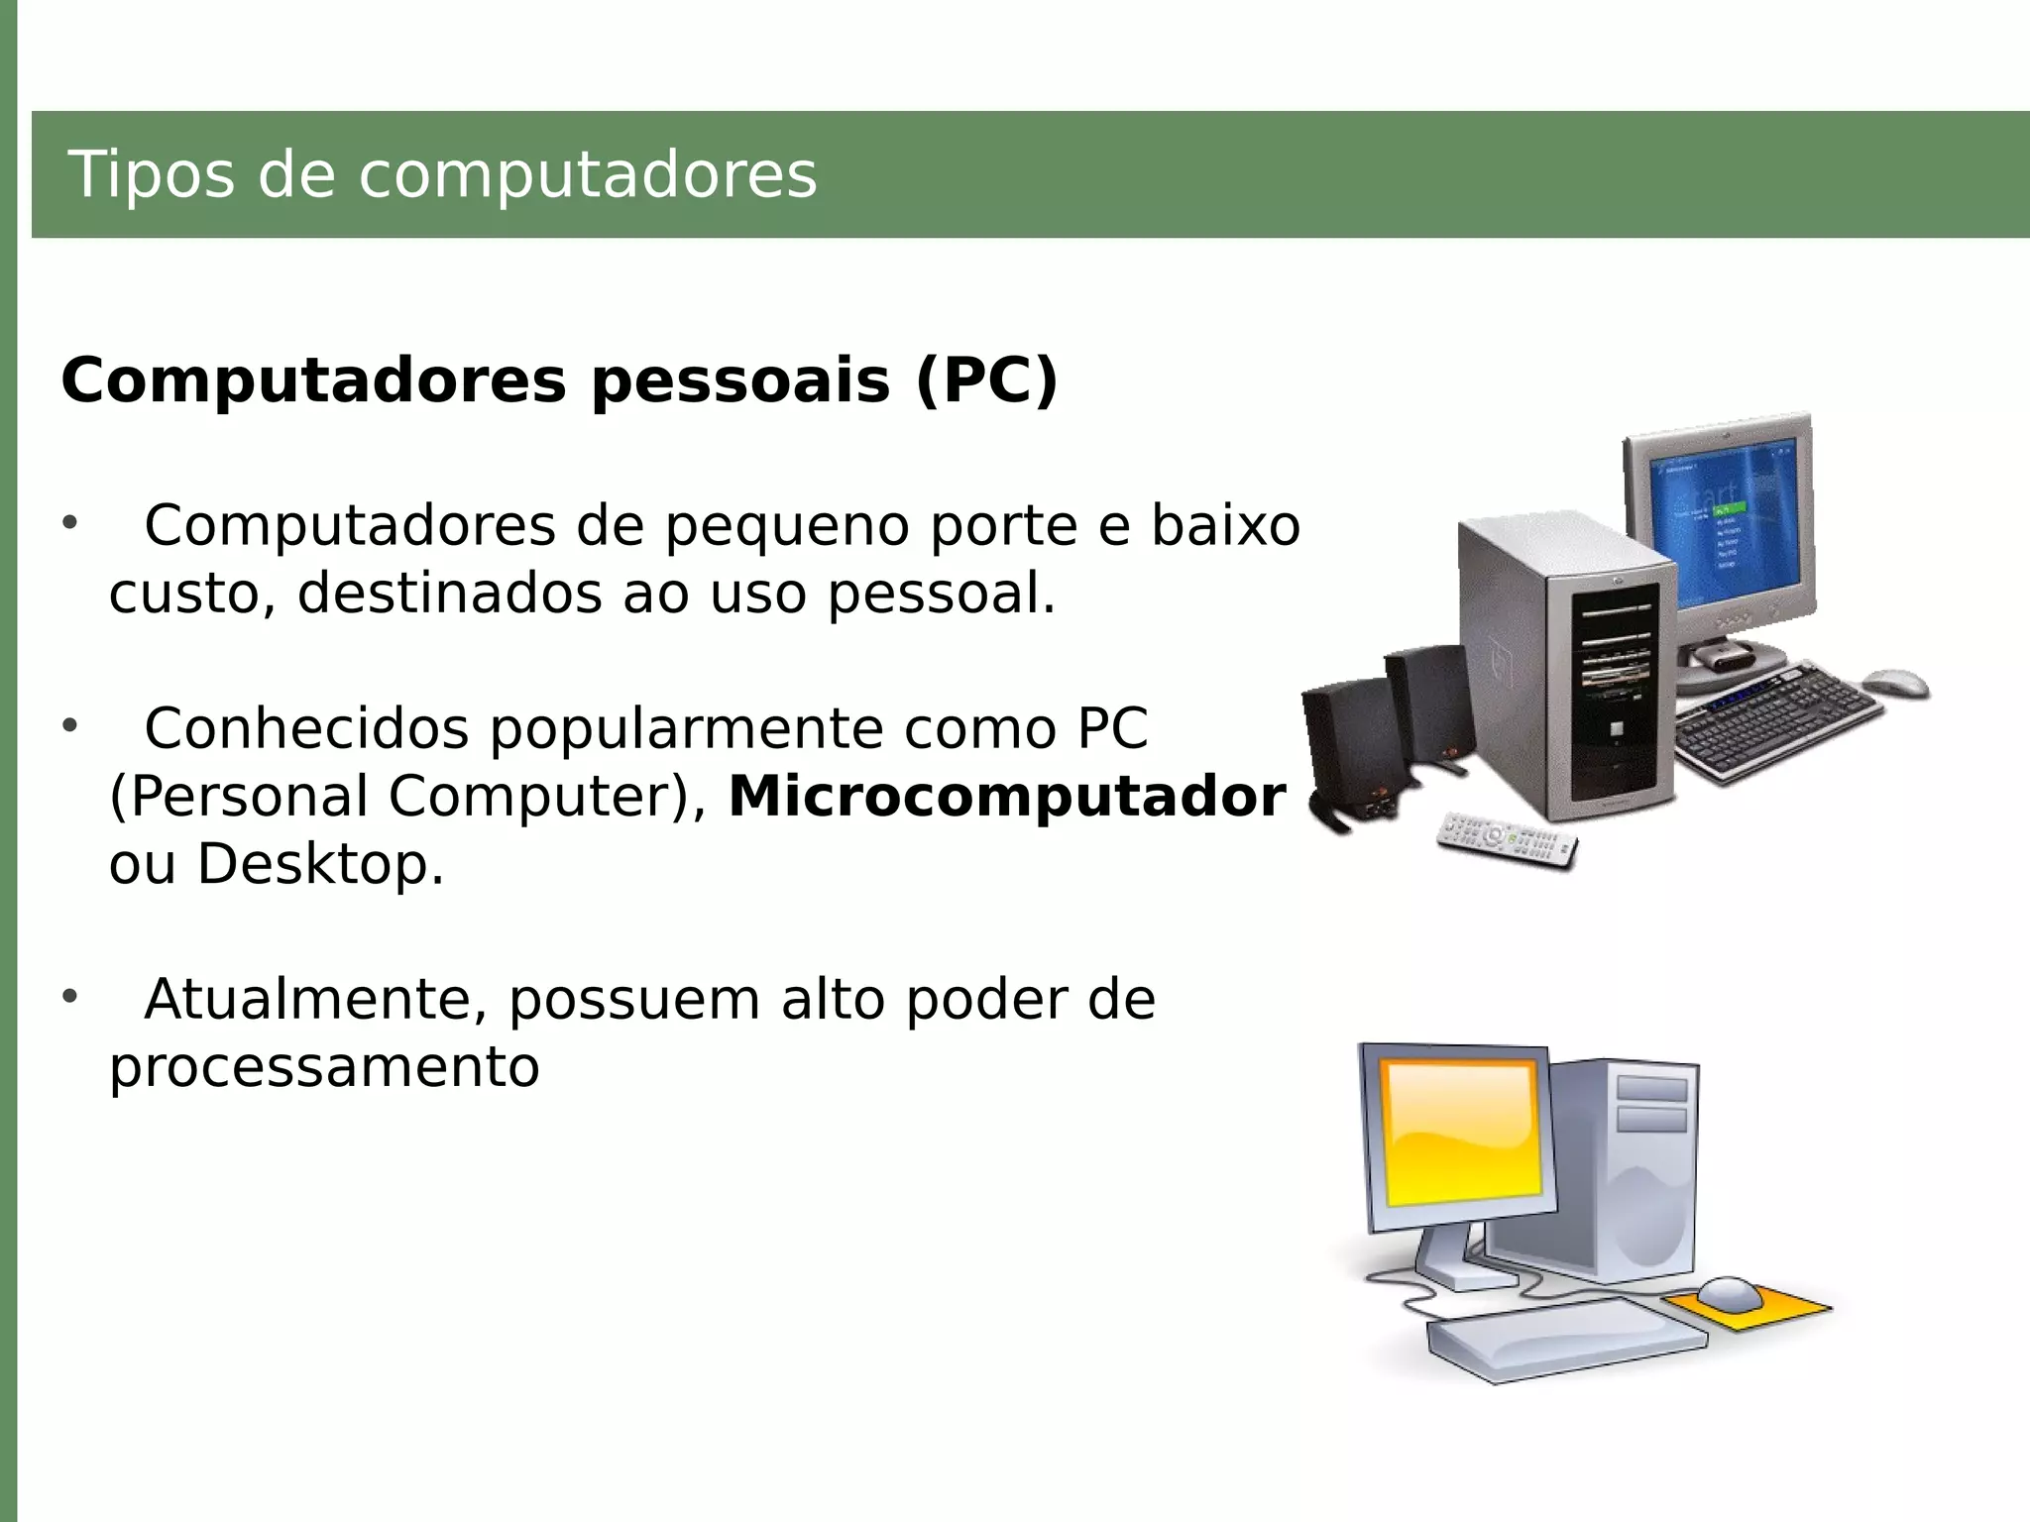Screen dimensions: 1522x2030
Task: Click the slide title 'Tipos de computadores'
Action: point(442,175)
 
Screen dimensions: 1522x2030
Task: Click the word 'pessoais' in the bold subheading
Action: point(740,380)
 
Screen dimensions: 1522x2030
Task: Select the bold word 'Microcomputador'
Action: point(1007,797)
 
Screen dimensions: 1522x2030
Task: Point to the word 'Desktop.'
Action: point(321,864)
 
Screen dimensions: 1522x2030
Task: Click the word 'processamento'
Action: point(324,1067)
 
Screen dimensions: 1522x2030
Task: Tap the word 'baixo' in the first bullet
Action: point(1225,525)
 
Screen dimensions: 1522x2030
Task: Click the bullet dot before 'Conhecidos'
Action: point(69,725)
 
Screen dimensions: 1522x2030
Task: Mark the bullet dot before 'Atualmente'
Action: point(69,996)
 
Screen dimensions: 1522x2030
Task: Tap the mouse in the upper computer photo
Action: point(1895,682)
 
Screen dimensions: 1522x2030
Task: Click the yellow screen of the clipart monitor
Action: point(1463,1132)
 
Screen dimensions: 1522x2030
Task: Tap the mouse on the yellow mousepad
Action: point(1729,1292)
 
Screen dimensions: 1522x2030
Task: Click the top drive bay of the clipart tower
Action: point(1651,1088)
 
